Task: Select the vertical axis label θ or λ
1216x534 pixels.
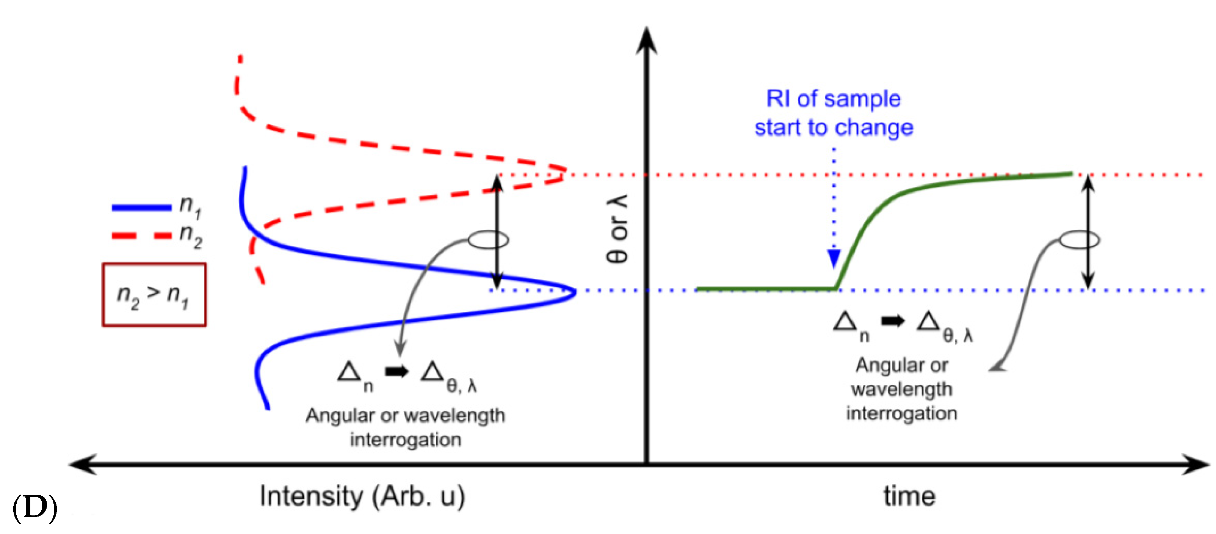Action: point(617,229)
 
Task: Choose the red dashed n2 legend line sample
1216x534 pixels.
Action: point(142,235)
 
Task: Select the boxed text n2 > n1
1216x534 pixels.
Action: point(154,295)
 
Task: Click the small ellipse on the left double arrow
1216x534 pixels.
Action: point(489,240)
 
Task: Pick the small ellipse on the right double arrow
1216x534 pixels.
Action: point(1080,240)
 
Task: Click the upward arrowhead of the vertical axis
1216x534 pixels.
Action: point(646,40)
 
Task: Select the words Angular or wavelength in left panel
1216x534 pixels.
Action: point(405,416)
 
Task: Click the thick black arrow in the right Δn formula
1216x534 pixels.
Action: point(892,321)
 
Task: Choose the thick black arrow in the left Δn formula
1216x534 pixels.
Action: point(396,372)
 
